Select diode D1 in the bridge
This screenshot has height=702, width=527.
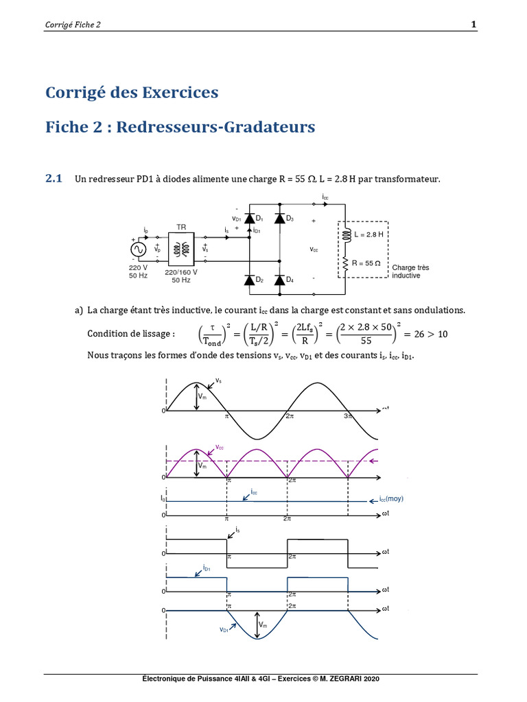250,219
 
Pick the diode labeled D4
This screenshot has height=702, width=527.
279,280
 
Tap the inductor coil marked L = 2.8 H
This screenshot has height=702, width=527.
347,234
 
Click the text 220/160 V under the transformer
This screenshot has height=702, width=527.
181,272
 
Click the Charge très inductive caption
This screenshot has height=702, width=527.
410,271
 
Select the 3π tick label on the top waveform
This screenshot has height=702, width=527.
348,416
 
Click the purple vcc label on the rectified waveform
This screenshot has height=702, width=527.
220,446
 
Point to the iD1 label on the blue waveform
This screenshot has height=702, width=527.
207,568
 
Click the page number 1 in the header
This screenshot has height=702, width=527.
473,25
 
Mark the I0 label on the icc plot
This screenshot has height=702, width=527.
163,500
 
